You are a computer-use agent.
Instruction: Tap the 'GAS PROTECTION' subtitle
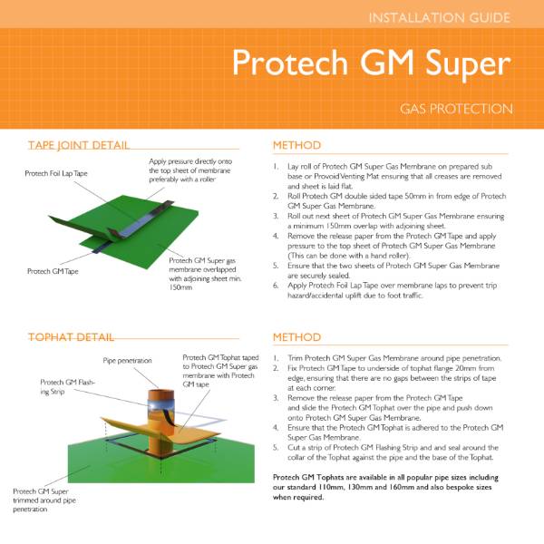click(x=456, y=110)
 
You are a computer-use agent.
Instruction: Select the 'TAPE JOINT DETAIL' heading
click(x=78, y=145)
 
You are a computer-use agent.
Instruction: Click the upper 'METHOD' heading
click(x=297, y=145)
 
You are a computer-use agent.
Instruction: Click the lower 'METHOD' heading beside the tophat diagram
click(x=297, y=337)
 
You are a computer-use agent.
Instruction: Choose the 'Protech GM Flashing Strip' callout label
click(x=68, y=388)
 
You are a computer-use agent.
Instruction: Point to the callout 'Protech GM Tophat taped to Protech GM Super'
click(x=222, y=370)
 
